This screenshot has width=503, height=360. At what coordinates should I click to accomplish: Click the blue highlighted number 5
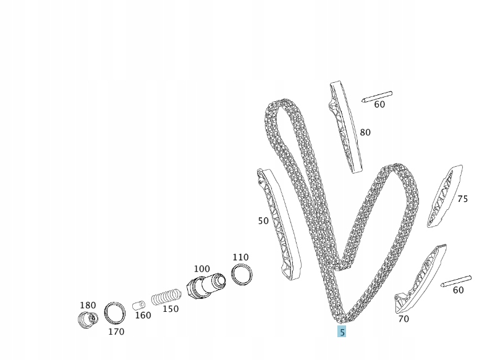[342, 332]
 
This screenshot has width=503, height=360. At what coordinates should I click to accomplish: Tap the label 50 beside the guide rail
[263, 221]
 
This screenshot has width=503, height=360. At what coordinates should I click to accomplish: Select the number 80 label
[365, 132]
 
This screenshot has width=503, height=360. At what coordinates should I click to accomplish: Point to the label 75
[462, 199]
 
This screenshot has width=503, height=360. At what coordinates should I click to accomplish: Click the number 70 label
[404, 319]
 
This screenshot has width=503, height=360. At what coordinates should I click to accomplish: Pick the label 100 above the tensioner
[202, 269]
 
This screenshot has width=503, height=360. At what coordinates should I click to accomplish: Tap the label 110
[240, 257]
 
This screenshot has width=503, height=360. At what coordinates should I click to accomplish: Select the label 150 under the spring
[171, 309]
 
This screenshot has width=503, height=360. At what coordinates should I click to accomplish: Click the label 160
[143, 316]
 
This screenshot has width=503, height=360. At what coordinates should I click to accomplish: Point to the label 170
[116, 332]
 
